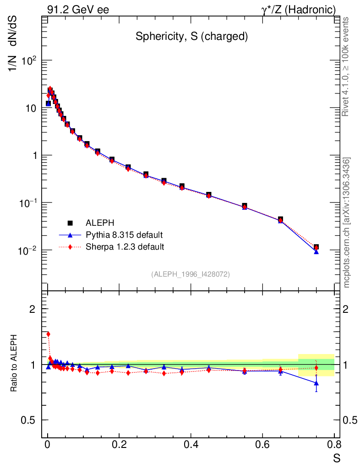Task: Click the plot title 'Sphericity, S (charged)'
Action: point(191,37)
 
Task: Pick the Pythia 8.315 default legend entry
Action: point(124,235)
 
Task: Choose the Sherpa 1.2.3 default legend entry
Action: point(125,247)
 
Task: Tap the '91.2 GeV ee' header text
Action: point(78,10)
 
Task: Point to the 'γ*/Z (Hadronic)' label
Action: point(298,10)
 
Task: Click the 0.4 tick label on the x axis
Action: point(191,445)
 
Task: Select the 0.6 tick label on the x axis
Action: point(262,445)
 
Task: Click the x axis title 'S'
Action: point(337,458)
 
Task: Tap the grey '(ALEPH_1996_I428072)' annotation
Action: point(191,274)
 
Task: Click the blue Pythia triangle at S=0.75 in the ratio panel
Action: point(316,383)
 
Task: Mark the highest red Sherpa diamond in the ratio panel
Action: point(48,334)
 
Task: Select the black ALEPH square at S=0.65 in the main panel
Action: point(280,219)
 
